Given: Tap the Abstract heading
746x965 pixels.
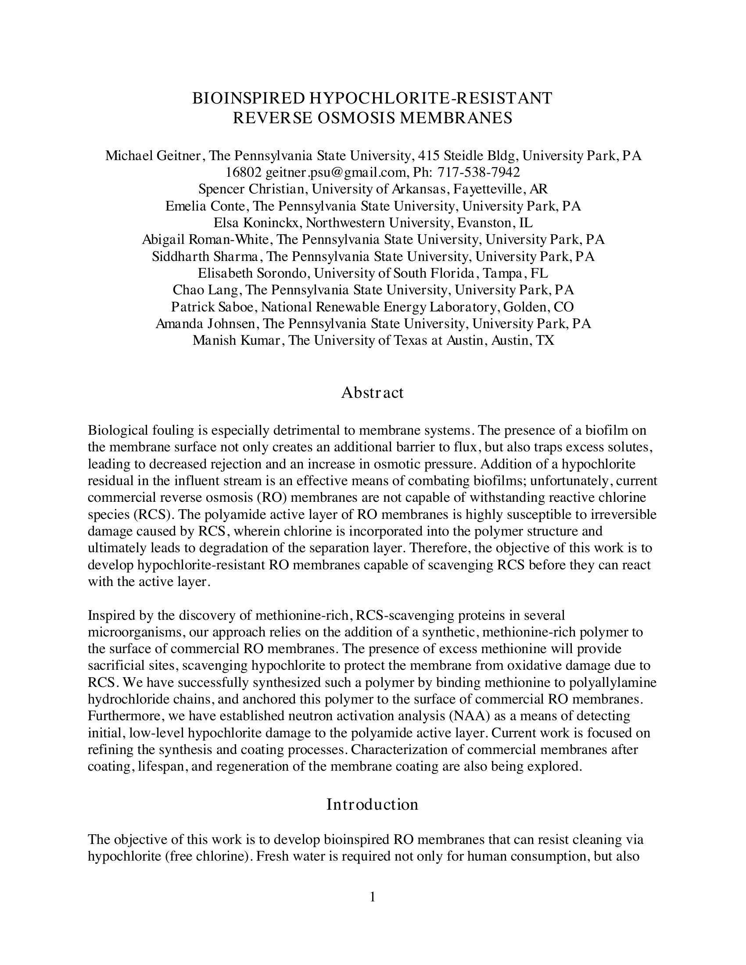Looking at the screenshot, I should click(372, 393).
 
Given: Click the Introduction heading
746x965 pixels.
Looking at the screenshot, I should click(372, 804).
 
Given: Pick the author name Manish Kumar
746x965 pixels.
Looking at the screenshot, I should click(238, 340).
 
